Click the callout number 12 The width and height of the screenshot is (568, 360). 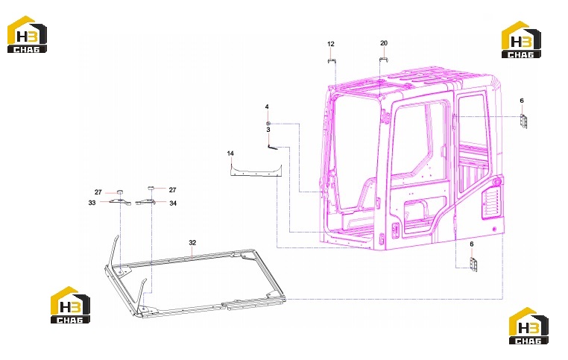coord(331,44)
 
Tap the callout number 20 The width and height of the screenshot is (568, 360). coord(384,43)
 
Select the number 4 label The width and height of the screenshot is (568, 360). coord(267,107)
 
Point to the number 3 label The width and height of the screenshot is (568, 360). coord(268,130)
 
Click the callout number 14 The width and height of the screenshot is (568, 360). coord(230,154)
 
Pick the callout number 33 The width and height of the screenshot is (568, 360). coord(92,203)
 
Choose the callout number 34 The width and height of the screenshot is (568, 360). coord(173,203)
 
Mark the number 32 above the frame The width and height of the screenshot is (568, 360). coord(192,243)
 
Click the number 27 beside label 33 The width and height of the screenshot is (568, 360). coord(98,192)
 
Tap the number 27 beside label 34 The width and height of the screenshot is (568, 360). coord(172,190)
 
